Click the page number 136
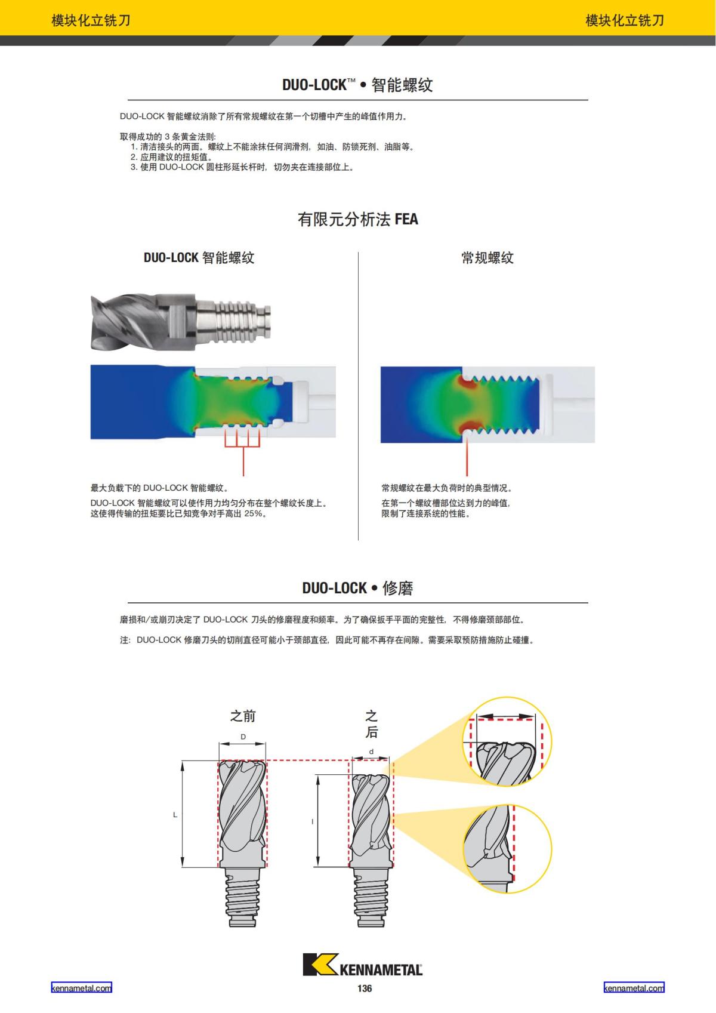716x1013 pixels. pyautogui.click(x=365, y=989)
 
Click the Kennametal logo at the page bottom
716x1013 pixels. pyautogui.click(x=362, y=965)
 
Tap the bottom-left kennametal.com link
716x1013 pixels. pyautogui.click(x=81, y=988)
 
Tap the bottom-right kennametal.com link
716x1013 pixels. pyautogui.click(x=634, y=988)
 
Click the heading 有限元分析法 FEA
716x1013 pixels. pyautogui.click(x=358, y=220)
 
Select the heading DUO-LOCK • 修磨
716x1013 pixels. pyautogui.click(x=357, y=588)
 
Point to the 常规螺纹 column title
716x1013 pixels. pyautogui.click(x=487, y=258)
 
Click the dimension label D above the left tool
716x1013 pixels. pyautogui.click(x=243, y=737)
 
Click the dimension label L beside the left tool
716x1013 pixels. pyautogui.click(x=175, y=814)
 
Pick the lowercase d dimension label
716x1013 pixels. pyautogui.click(x=371, y=752)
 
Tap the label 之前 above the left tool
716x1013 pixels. pyautogui.click(x=243, y=716)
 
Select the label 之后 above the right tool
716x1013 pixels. pyautogui.click(x=371, y=723)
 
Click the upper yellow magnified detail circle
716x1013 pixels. pyautogui.click(x=507, y=741)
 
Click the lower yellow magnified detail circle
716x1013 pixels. pyautogui.click(x=507, y=848)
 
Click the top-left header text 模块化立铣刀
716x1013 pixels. pyautogui.click(x=91, y=20)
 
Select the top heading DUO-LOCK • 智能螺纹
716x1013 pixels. pyautogui.click(x=357, y=85)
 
